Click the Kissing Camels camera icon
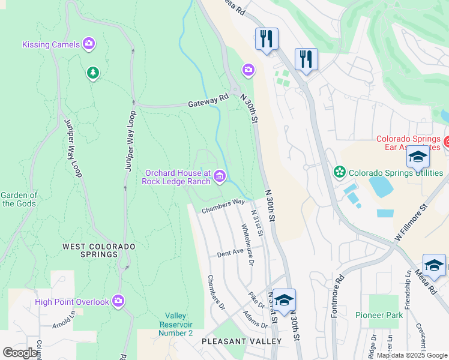click(x=89, y=43)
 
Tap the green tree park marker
click(x=92, y=73)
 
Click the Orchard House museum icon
click(x=220, y=176)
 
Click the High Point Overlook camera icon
click(x=118, y=301)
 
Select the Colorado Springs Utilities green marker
click(x=340, y=173)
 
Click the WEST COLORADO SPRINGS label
click(x=99, y=250)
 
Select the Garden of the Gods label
click(x=19, y=199)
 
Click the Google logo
click(x=20, y=352)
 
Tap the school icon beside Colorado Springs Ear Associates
click(x=418, y=158)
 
